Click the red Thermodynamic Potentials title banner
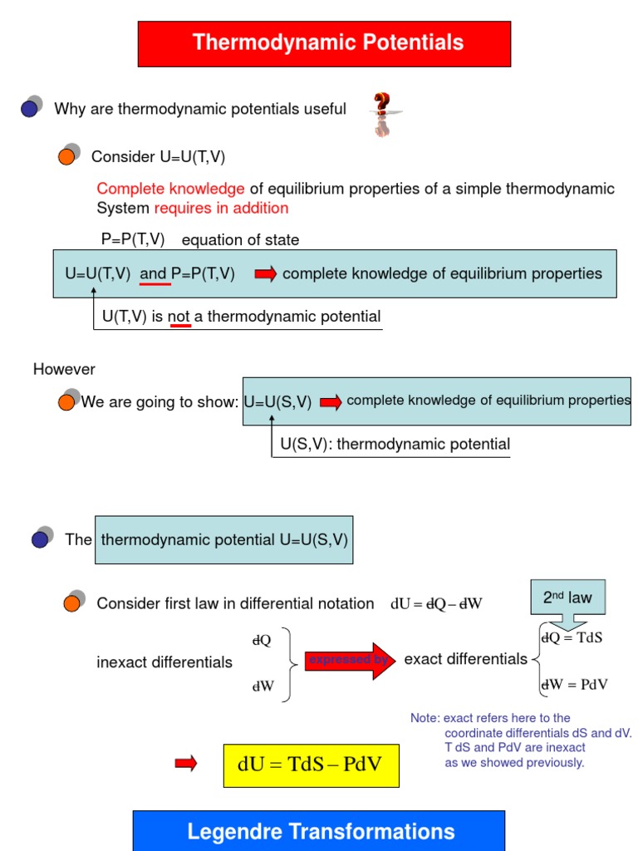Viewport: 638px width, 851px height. tap(324, 43)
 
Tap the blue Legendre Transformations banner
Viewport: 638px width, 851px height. tap(319, 830)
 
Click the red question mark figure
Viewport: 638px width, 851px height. tap(381, 115)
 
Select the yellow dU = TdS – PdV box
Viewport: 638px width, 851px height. tap(311, 765)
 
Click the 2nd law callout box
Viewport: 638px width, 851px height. tap(567, 597)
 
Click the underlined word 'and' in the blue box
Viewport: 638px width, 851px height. tap(154, 274)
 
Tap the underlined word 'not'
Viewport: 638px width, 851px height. tap(179, 317)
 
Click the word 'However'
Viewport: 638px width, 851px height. tap(64, 369)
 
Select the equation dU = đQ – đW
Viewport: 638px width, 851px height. tap(436, 604)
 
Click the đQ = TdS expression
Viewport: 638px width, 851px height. tap(571, 638)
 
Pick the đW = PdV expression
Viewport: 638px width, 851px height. tap(574, 685)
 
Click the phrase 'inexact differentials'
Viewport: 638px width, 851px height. tap(164, 662)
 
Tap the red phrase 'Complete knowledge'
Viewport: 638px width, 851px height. tap(170, 189)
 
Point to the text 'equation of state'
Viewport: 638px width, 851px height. tap(240, 240)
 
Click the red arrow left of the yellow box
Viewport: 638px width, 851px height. tap(186, 764)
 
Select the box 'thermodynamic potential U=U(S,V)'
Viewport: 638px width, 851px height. tap(224, 539)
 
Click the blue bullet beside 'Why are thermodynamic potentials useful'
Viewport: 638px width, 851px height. tap(31, 108)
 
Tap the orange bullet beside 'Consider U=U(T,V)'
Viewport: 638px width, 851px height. tap(67, 156)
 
